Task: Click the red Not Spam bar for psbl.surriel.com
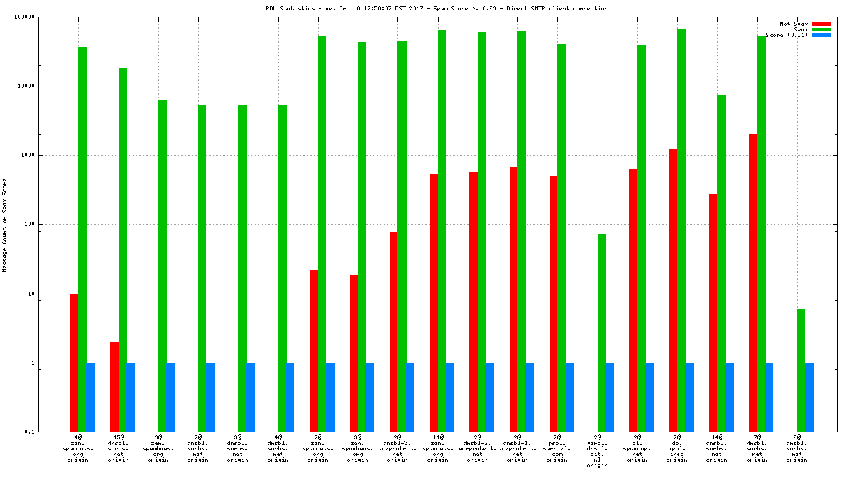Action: coord(553,303)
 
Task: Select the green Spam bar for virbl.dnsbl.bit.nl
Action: coord(601,333)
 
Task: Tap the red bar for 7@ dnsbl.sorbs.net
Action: coord(753,282)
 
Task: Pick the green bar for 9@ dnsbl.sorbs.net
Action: coord(801,370)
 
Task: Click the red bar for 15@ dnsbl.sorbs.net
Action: coord(114,386)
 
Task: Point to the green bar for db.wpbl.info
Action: coord(681,230)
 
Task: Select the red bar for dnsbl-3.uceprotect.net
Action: coord(393,331)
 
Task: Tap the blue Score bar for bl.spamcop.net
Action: coord(649,397)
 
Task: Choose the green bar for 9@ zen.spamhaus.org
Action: coord(162,266)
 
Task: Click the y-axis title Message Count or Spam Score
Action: coord(4,225)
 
